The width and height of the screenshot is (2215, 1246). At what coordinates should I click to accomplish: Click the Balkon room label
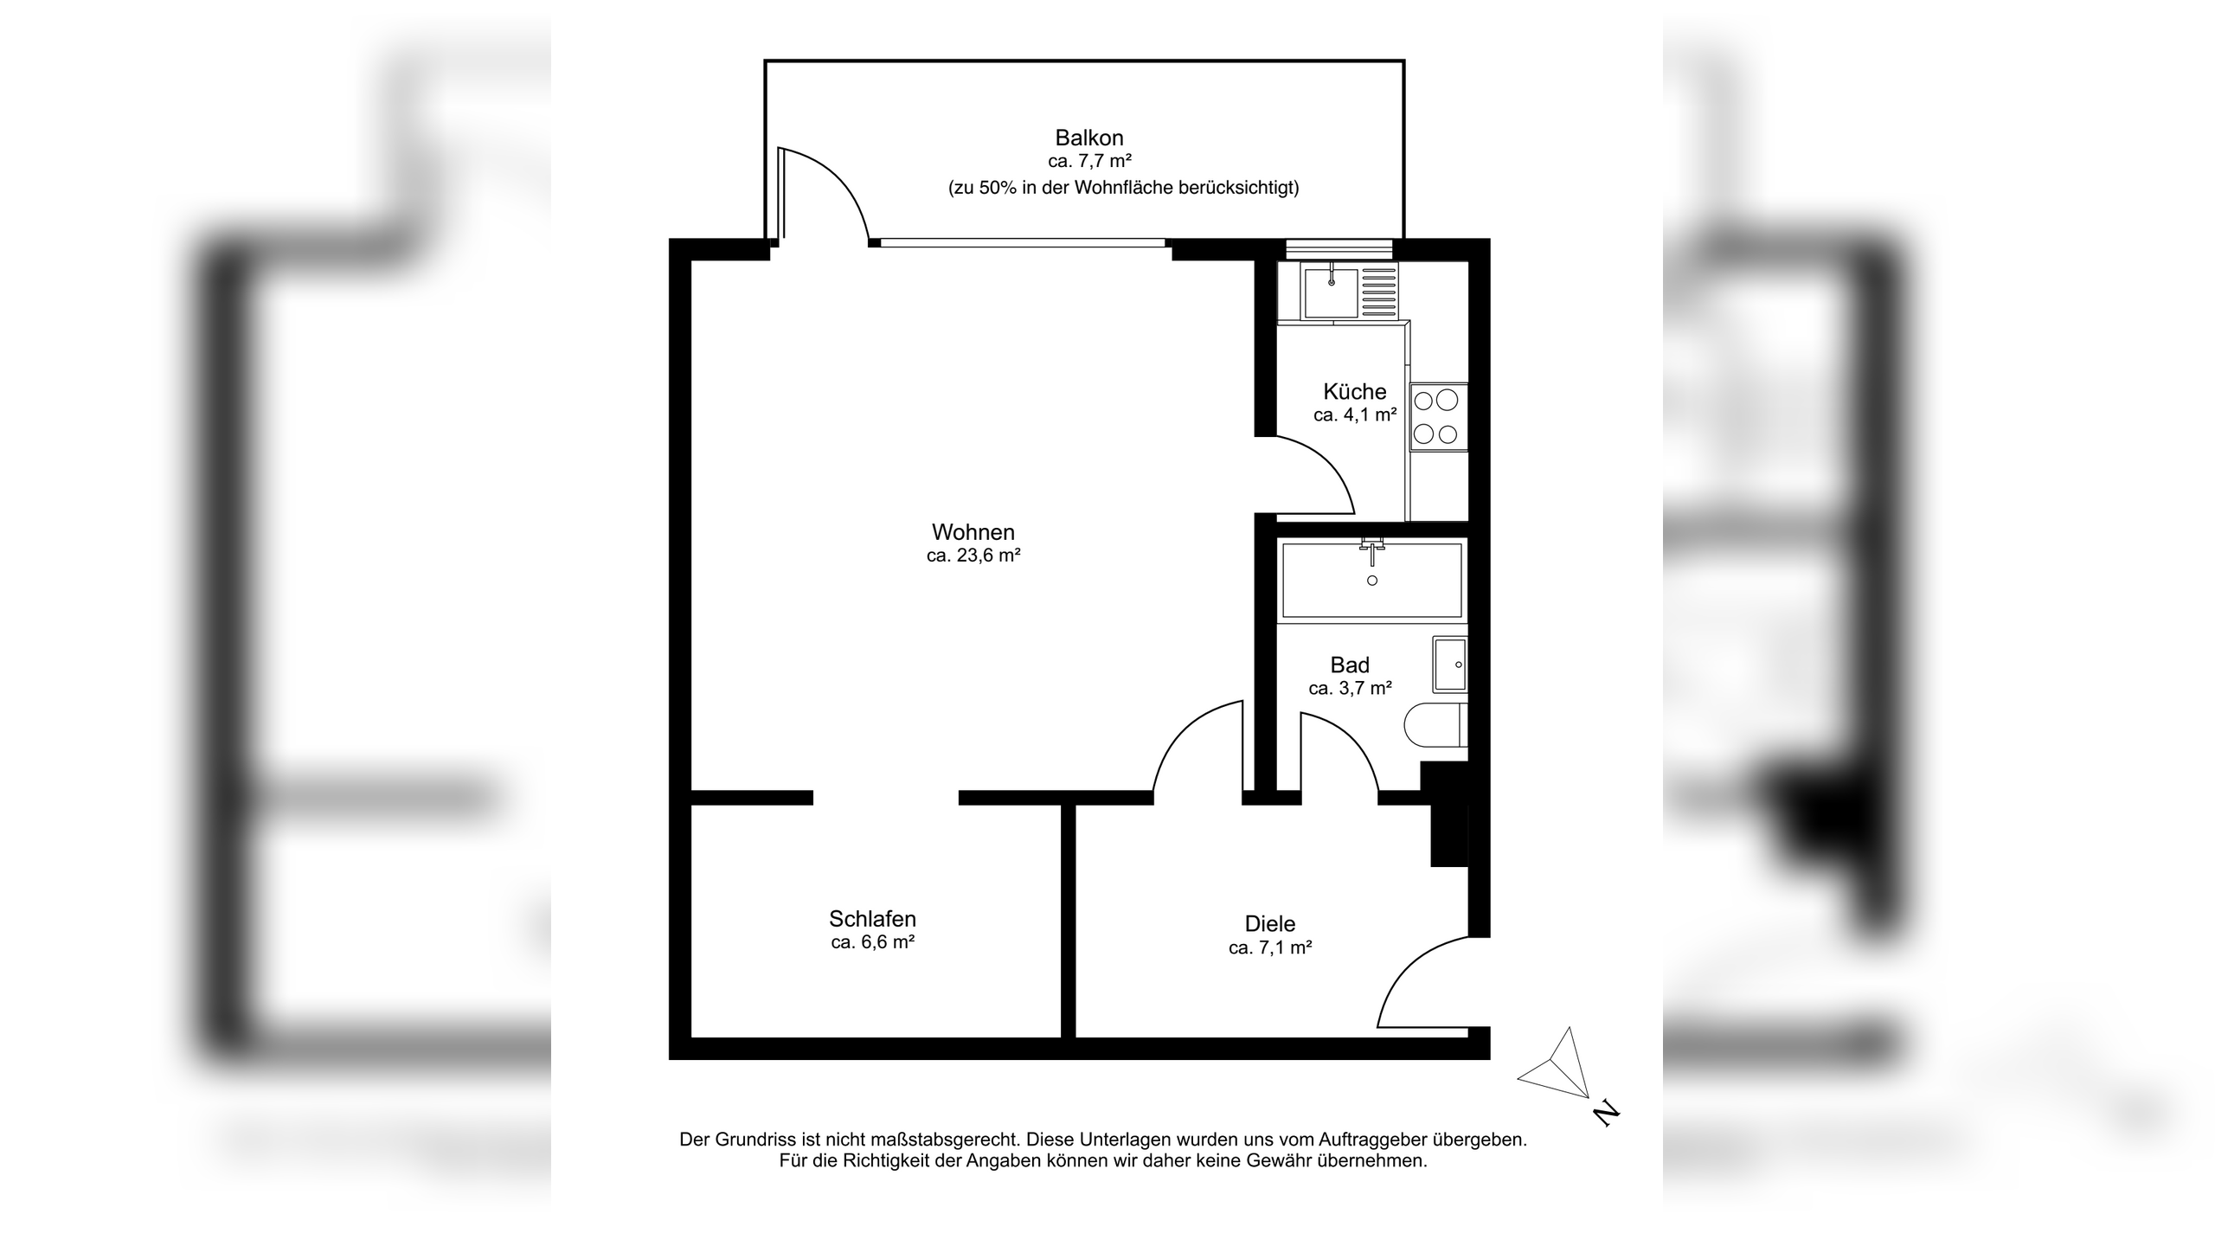point(1088,138)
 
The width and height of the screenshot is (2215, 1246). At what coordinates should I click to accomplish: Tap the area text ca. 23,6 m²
point(973,556)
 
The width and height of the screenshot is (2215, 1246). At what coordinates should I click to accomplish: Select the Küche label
point(1354,391)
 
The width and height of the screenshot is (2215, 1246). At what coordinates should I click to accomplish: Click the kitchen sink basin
point(1331,292)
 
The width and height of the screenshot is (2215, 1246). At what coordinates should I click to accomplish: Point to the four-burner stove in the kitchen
point(1437,417)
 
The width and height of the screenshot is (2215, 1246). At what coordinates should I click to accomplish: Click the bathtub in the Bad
point(1371,580)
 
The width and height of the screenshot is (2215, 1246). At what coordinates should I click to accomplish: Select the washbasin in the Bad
point(1450,665)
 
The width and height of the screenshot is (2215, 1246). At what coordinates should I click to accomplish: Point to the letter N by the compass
point(1606,1113)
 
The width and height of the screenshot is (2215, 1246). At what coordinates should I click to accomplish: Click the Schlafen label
point(872,919)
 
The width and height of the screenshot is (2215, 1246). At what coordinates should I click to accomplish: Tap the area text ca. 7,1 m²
point(1270,948)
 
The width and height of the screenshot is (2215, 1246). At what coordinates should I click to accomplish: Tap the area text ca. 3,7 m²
point(1350,689)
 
